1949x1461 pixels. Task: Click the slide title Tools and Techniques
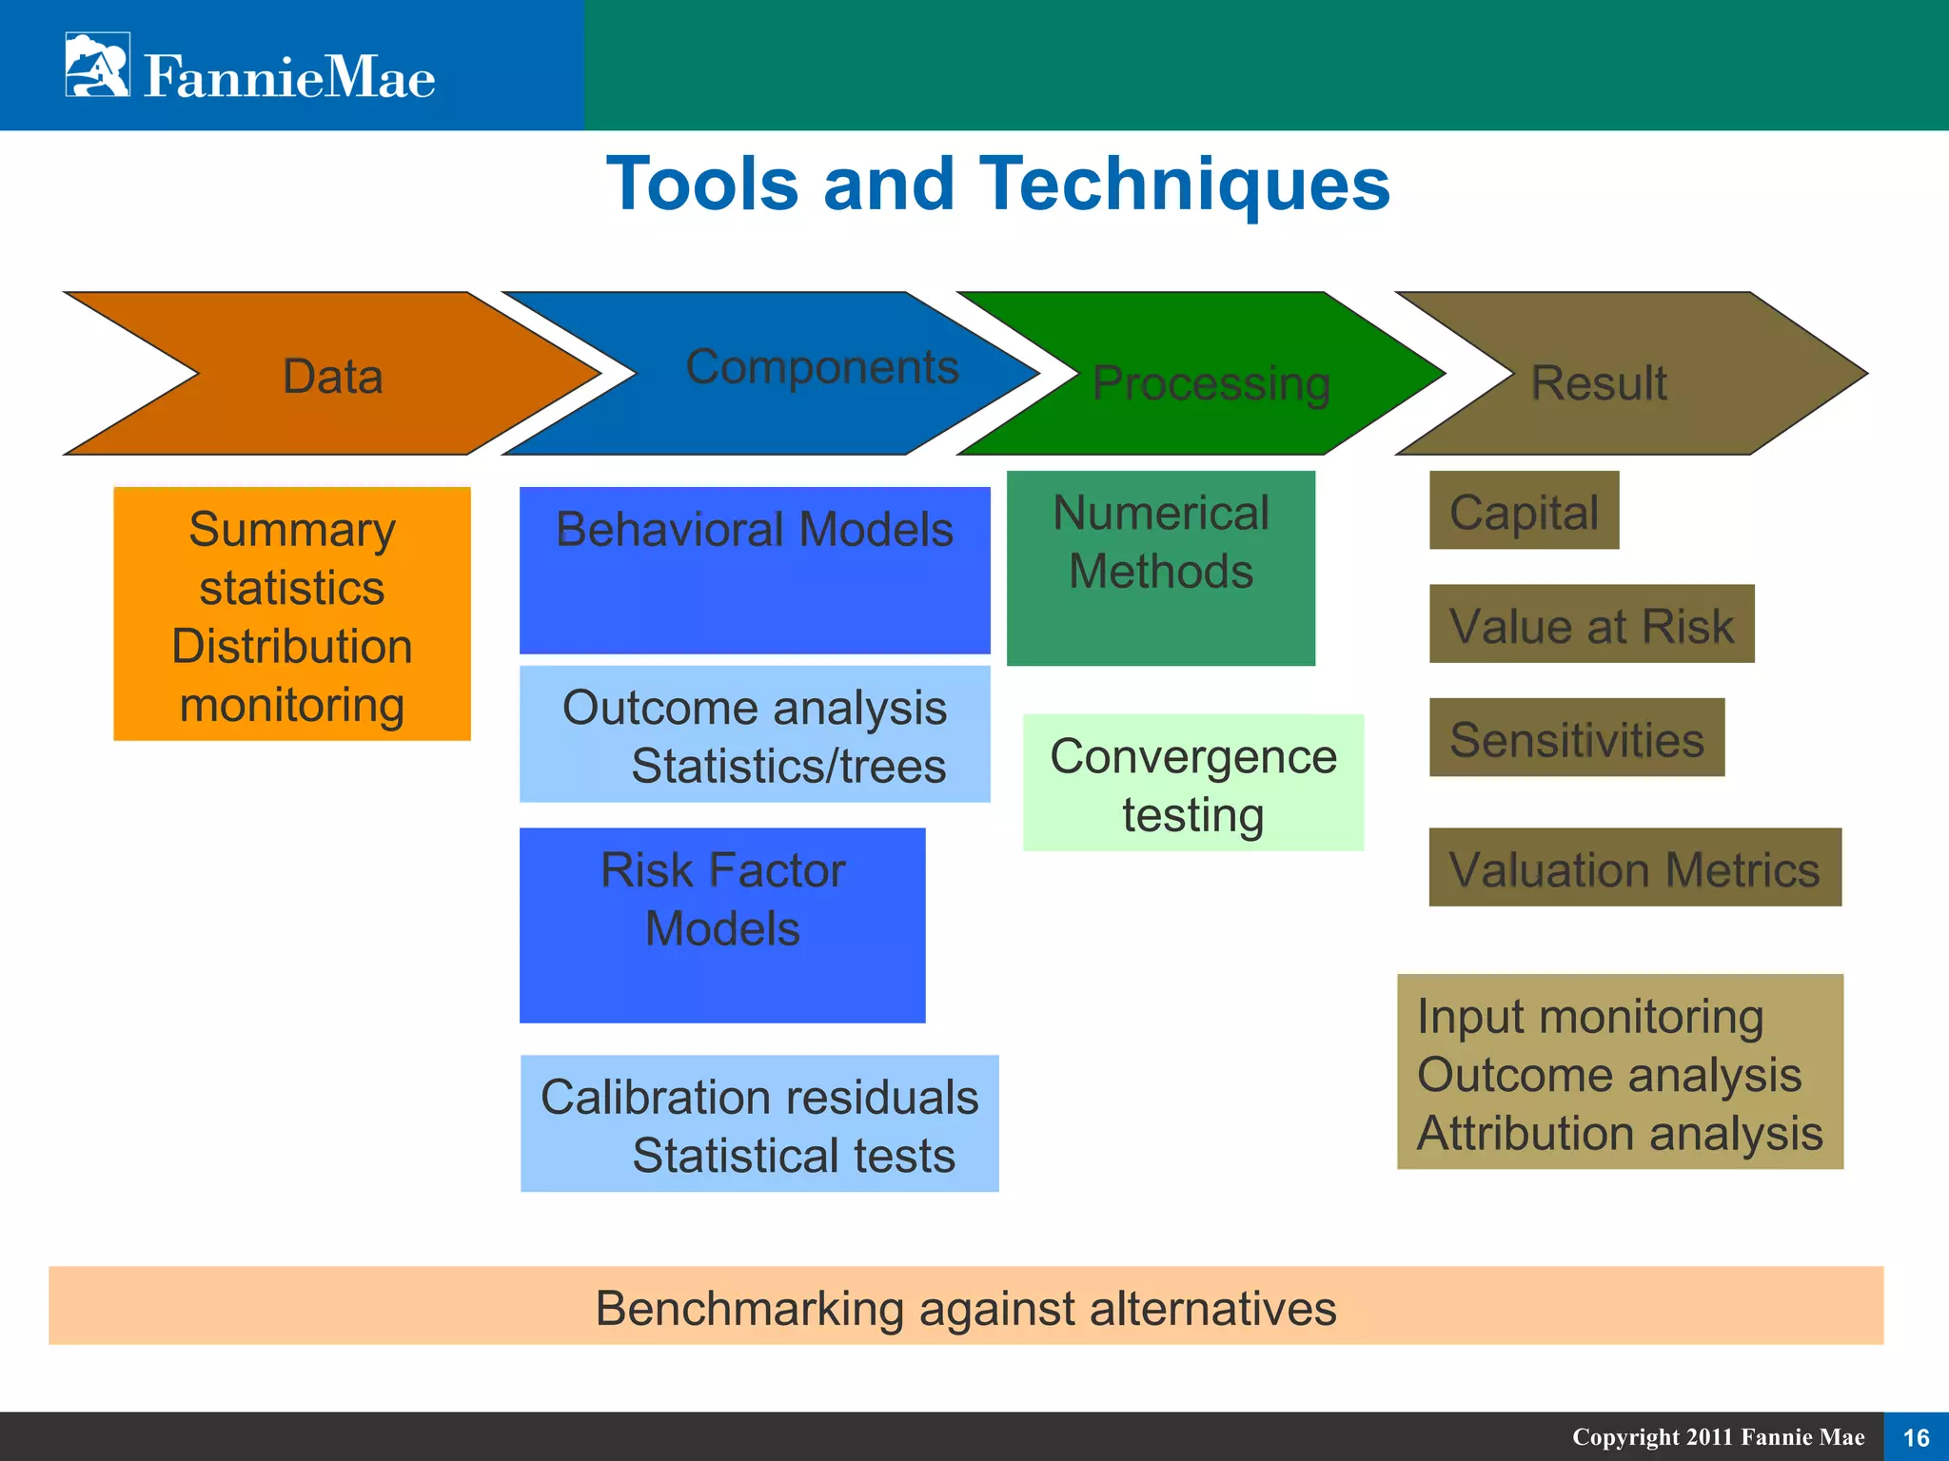click(997, 184)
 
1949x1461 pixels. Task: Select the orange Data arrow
click(333, 375)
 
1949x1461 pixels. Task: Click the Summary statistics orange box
click(292, 614)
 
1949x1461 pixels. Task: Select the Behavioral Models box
click(755, 570)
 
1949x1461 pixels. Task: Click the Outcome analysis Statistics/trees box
click(755, 734)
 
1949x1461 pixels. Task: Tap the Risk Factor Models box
click(722, 925)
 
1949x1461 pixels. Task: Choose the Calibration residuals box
click(759, 1123)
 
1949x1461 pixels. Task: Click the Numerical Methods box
click(1161, 568)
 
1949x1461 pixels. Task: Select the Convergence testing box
click(1193, 783)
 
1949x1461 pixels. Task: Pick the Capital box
click(1524, 511)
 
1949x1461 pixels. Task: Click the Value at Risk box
click(1591, 624)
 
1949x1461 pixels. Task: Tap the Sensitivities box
click(1577, 738)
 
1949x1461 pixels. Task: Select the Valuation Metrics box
click(1634, 867)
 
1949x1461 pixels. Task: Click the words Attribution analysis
click(1620, 1133)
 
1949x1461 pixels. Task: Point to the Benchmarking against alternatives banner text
click(966, 1307)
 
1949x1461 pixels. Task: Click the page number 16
click(1916, 1437)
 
